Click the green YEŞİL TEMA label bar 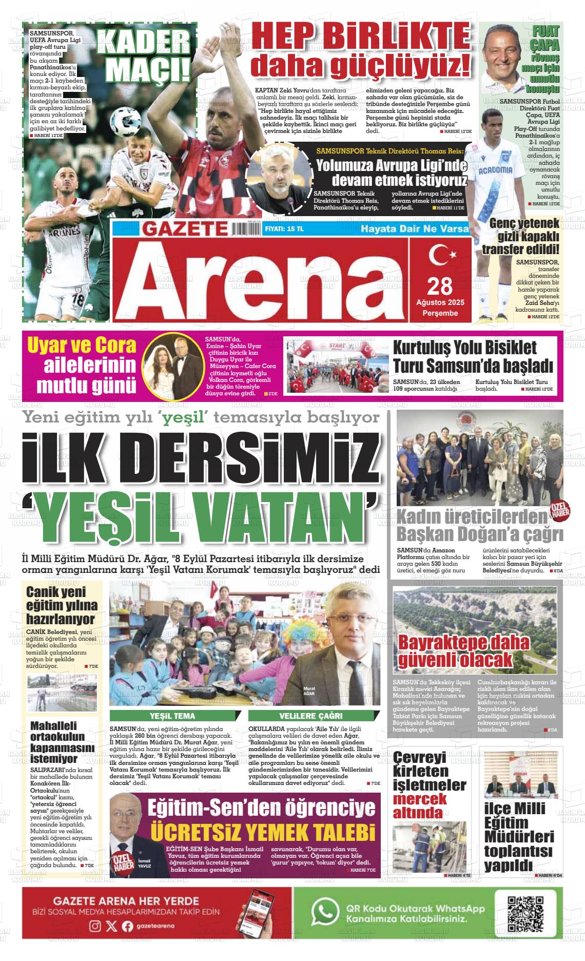point(176,716)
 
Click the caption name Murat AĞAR point(309,690)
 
